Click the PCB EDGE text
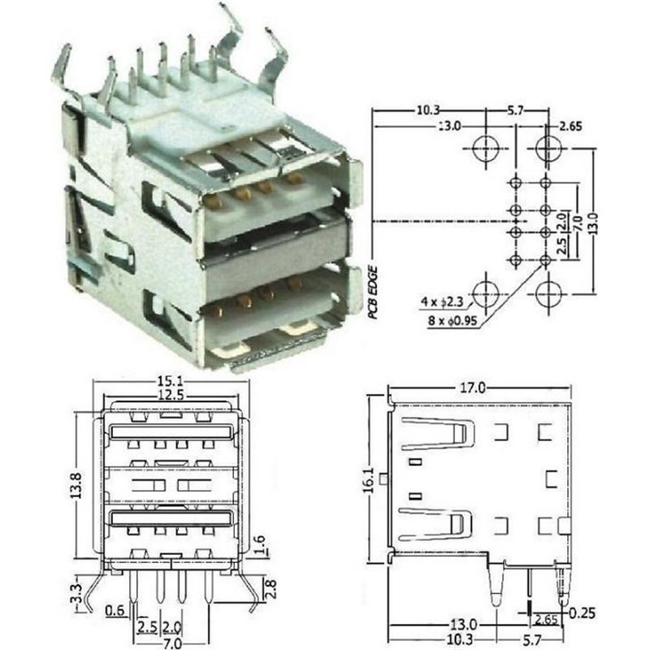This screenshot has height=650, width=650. pos(375,297)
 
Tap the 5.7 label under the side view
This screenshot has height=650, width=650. pos(552,642)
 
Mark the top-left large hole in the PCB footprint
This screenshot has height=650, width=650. pos(485,147)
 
